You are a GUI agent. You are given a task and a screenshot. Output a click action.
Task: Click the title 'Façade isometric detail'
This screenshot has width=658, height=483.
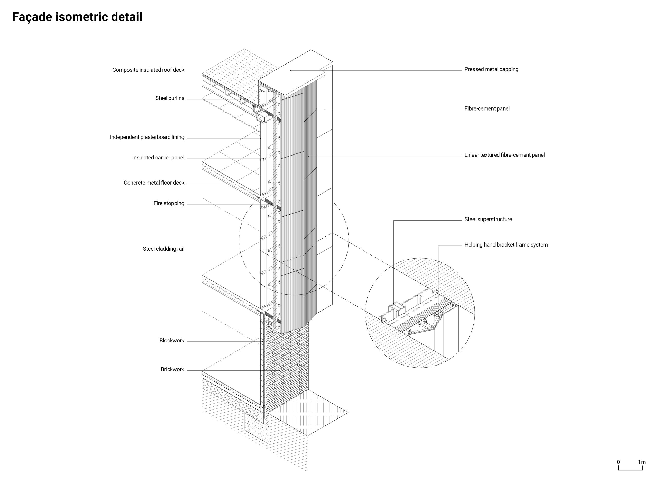pyautogui.click(x=77, y=17)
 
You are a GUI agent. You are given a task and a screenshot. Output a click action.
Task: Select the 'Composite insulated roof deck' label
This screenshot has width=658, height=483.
pyautogui.click(x=148, y=70)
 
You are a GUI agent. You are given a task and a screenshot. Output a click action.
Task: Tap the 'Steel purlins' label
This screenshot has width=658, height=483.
pyautogui.click(x=170, y=98)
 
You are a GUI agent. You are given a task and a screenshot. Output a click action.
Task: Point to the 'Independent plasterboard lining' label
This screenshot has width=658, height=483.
pyautogui.click(x=147, y=137)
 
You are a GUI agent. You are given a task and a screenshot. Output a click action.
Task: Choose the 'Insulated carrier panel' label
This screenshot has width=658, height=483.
pyautogui.click(x=158, y=158)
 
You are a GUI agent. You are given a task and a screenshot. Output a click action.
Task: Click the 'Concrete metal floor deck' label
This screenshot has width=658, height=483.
pyautogui.click(x=154, y=183)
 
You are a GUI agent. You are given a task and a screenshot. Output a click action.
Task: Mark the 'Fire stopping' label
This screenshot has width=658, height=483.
pyautogui.click(x=169, y=203)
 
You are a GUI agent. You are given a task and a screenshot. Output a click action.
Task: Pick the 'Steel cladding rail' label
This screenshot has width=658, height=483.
pyautogui.click(x=163, y=249)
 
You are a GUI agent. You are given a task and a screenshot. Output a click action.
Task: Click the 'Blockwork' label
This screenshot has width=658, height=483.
pyautogui.click(x=172, y=341)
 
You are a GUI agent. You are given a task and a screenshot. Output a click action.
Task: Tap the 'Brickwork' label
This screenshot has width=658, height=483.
pyautogui.click(x=172, y=369)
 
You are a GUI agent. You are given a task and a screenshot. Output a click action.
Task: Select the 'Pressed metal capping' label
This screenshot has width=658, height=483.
pyautogui.click(x=491, y=69)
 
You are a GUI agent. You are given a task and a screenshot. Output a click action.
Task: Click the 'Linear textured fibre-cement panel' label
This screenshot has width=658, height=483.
pyautogui.click(x=504, y=155)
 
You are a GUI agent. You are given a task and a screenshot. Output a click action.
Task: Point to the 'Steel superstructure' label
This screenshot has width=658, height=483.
pyautogui.click(x=488, y=219)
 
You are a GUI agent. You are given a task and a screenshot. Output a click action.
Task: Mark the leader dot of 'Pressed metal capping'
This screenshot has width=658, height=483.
pyautogui.click(x=291, y=70)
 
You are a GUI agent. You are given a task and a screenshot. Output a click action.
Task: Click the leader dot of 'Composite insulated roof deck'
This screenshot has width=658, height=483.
pyautogui.click(x=232, y=71)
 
